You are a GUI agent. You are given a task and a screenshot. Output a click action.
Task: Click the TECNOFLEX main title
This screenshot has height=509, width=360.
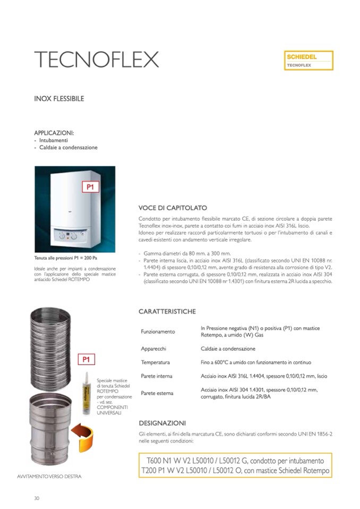tap(96, 59)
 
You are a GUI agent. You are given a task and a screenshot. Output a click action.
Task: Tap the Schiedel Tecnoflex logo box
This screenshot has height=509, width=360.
tap(308, 61)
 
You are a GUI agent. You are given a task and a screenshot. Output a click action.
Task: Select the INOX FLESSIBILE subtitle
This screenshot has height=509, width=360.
tap(59, 99)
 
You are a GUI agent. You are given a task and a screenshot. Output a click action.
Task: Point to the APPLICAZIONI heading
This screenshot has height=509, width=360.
tap(54, 133)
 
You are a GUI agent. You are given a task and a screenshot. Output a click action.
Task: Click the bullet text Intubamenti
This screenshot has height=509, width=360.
tap(53, 140)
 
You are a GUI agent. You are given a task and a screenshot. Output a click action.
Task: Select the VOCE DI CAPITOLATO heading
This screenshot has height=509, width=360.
tap(173, 208)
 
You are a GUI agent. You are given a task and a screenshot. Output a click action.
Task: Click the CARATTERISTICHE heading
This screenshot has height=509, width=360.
tap(167, 311)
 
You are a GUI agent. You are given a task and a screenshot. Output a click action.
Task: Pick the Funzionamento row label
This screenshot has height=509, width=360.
tap(158, 331)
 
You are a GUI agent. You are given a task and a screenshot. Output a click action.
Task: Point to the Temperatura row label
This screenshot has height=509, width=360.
tap(155, 362)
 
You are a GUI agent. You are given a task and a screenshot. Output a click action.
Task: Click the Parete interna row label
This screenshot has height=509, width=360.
tap(157, 376)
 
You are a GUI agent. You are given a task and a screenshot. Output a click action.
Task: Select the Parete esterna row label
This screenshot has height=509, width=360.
tap(157, 393)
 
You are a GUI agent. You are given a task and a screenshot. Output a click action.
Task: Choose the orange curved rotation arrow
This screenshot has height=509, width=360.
tap(82, 434)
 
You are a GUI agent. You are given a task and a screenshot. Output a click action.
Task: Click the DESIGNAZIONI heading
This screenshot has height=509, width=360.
tap(162, 423)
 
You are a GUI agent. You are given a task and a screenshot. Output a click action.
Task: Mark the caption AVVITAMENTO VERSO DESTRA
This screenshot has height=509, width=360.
tap(49, 476)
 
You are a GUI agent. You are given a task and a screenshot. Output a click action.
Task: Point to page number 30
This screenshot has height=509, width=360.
tap(37, 498)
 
